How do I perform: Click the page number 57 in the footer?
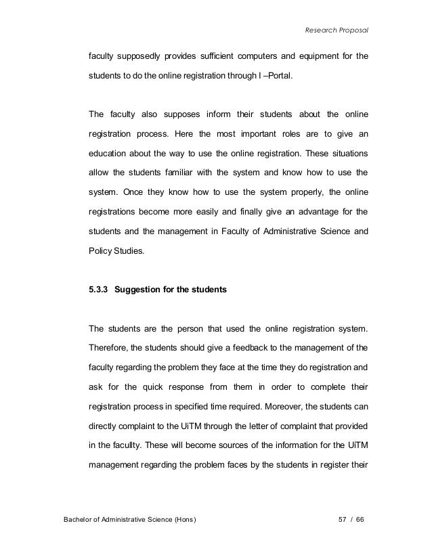[343, 520]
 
